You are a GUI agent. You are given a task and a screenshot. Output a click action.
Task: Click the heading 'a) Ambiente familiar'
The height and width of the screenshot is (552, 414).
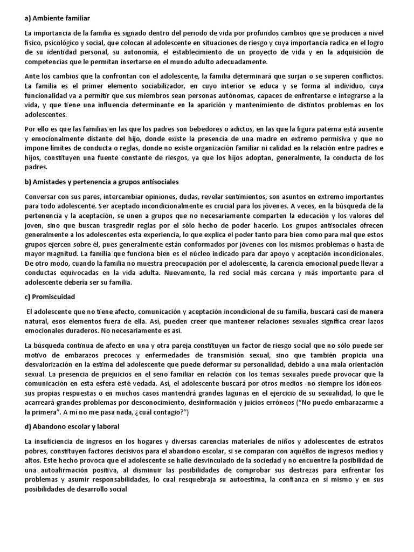pos(58,18)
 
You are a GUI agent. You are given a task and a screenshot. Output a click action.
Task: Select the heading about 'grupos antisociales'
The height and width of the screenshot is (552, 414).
pos(102,182)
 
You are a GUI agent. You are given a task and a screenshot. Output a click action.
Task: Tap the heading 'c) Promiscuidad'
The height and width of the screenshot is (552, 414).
pos(50,296)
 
